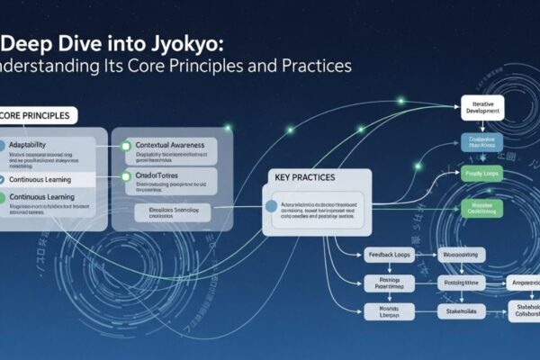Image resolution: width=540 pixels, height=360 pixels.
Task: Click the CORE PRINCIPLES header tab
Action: coord(38,115)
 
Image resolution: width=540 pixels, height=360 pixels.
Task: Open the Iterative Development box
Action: coord(486,109)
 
